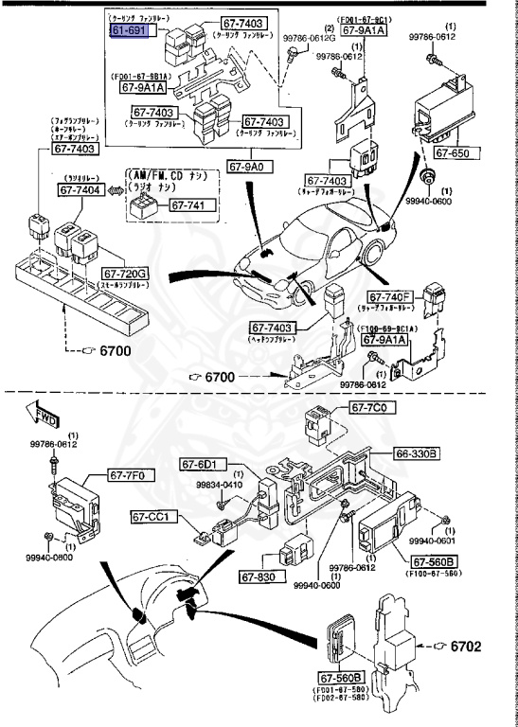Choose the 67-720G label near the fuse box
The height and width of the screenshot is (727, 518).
click(126, 273)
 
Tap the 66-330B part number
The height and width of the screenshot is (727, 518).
click(417, 454)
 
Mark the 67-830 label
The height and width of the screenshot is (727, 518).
click(257, 577)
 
